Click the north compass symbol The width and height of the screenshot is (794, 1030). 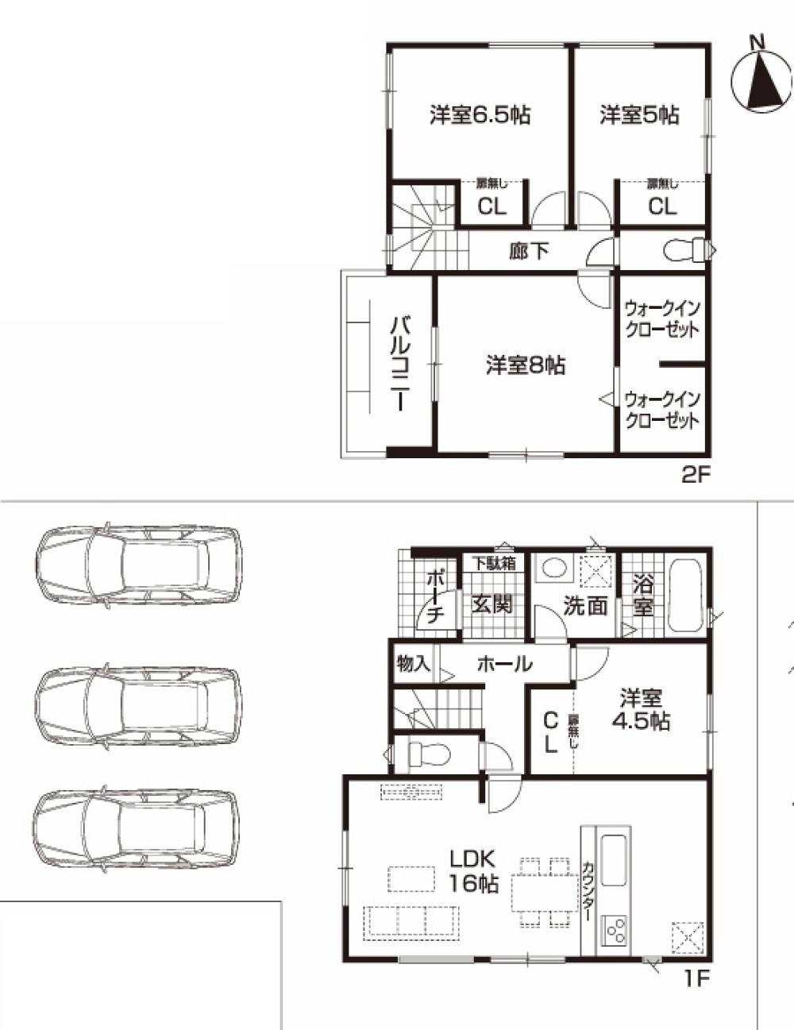(x=761, y=78)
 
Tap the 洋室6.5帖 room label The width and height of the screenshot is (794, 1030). (x=480, y=115)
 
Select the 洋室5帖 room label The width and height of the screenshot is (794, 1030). (x=639, y=115)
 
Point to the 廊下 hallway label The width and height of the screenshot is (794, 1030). (x=529, y=251)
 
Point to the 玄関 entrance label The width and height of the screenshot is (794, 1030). (x=492, y=604)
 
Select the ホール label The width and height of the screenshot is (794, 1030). (x=504, y=663)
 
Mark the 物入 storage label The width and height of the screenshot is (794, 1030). (x=414, y=663)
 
